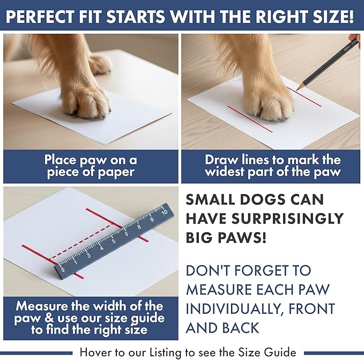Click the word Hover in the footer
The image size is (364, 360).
coord(95,352)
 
